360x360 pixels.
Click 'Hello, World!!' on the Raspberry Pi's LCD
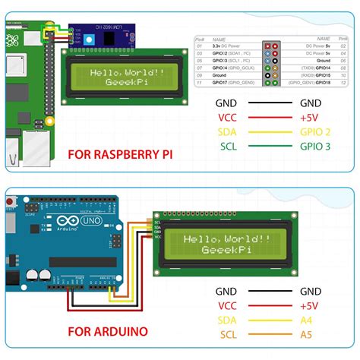click(127, 73)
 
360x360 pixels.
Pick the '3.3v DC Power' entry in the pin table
click(228, 47)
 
